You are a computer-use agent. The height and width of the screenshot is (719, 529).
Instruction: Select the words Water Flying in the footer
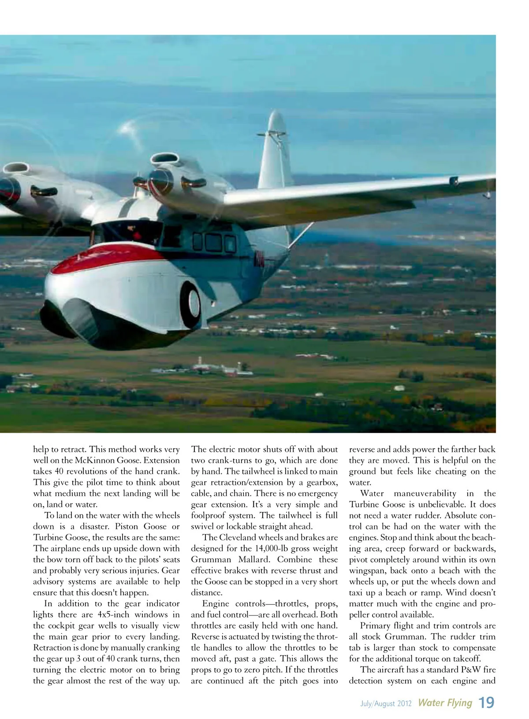point(445,703)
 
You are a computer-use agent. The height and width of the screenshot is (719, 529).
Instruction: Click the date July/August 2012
point(386,704)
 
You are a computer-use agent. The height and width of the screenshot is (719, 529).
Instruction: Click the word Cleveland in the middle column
point(242,537)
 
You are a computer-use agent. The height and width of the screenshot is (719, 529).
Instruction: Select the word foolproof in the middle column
point(209,515)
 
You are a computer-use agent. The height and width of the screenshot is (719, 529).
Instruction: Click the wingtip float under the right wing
point(487,194)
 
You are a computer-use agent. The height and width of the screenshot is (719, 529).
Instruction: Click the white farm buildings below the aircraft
point(220,369)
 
